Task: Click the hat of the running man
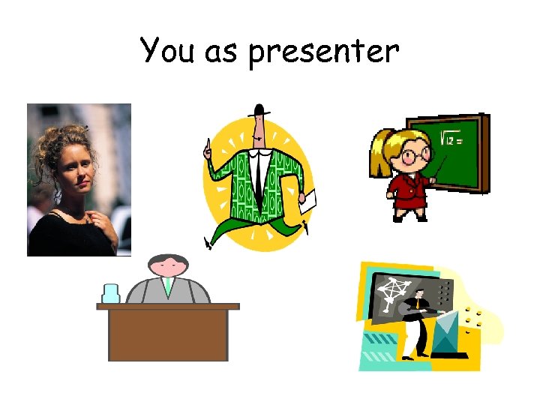tap(260, 111)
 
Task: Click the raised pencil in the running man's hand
tap(208, 147)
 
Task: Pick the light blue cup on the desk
tap(111, 292)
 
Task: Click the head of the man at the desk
tap(168, 264)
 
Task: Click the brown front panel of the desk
tap(167, 334)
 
